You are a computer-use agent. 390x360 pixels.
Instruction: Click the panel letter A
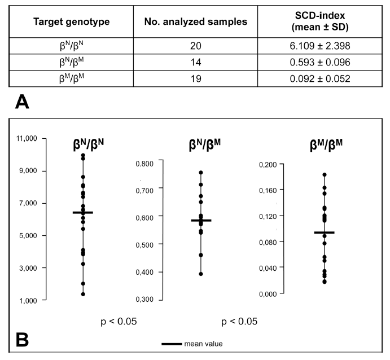point(23,102)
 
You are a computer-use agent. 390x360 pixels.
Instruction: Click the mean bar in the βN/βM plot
point(201,220)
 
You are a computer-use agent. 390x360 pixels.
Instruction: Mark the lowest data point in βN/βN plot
point(83,294)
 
